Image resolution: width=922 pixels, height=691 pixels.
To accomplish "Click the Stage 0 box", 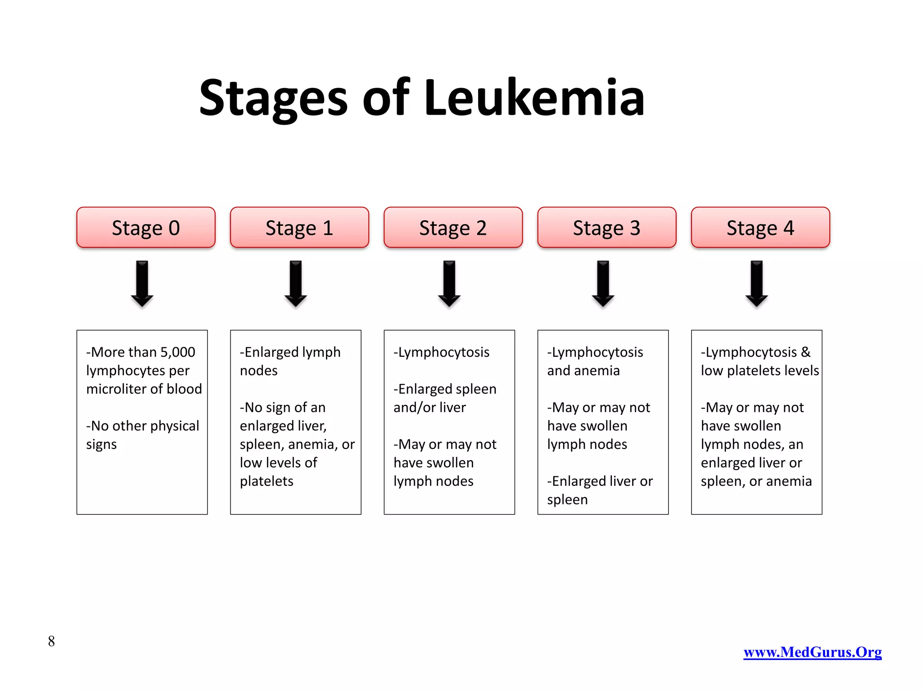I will (x=146, y=228).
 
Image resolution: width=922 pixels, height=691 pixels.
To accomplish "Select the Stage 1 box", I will (x=299, y=228).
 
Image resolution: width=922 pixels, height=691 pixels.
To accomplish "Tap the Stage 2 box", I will (x=453, y=228).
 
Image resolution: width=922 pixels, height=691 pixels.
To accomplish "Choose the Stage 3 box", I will (x=606, y=228).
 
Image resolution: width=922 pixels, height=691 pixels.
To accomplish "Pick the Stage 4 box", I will (x=760, y=228).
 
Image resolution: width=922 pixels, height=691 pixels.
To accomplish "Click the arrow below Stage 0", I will (x=142, y=284).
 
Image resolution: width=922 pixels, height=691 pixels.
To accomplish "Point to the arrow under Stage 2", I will (x=449, y=284).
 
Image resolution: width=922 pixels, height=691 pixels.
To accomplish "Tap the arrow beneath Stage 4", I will (x=757, y=284).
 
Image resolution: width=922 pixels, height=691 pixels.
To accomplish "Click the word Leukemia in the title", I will (x=534, y=98).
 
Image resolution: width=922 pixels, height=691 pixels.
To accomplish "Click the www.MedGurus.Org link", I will (x=812, y=652).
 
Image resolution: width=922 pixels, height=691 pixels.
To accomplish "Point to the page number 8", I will (x=51, y=641).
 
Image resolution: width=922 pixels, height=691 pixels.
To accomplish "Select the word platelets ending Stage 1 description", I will (x=267, y=481).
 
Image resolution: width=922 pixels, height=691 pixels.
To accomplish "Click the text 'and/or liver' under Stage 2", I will (x=429, y=408).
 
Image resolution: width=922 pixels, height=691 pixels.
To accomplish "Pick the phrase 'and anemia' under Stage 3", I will (x=583, y=371).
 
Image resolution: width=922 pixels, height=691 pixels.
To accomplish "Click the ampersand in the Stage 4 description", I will (x=805, y=352).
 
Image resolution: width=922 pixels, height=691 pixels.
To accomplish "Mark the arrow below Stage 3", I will (x=603, y=284).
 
